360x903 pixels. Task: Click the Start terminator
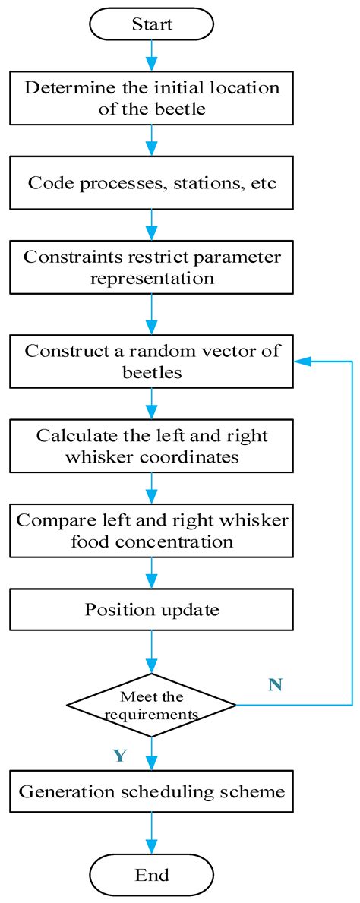pos(152,24)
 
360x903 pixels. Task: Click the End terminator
pos(152,874)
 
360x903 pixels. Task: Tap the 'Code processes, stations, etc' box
pos(152,182)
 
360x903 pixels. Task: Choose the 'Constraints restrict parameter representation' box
pos(152,267)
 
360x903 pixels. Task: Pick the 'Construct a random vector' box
pos(152,362)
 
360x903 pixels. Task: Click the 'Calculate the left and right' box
pos(152,447)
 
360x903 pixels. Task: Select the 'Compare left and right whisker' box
pos(152,532)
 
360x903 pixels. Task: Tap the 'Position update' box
pos(152,609)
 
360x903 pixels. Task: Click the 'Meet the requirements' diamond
pos(152,706)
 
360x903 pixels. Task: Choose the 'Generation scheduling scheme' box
pos(152,792)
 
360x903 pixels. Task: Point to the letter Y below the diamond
pos(119,756)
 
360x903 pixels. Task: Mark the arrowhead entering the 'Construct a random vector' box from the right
pos(300,362)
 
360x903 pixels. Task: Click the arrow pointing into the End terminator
pos(152,834)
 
